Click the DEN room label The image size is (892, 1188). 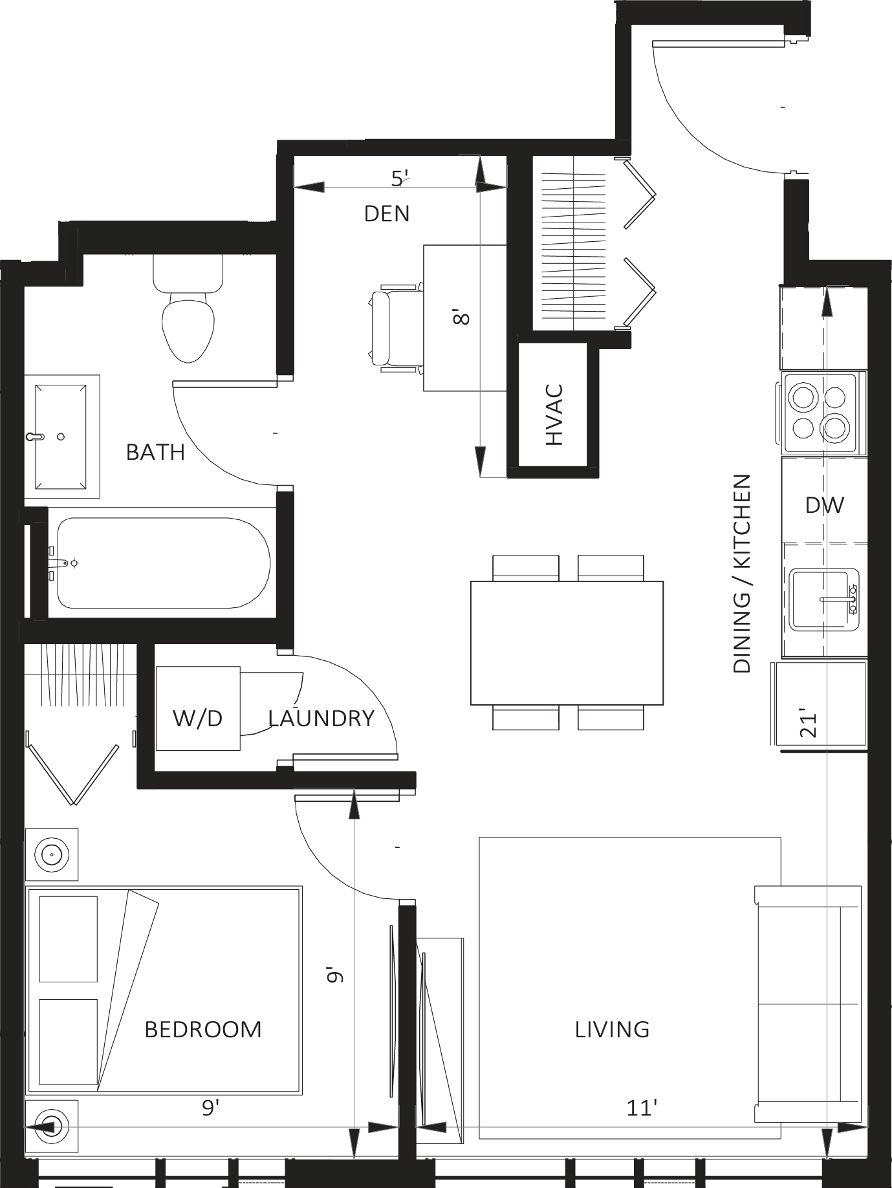(387, 213)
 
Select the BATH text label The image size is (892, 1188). (155, 452)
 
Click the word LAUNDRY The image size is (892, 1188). (321, 718)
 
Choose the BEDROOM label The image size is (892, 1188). (203, 1029)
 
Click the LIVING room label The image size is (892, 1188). (612, 1029)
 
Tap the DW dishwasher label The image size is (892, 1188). (825, 505)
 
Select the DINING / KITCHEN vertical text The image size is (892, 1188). (743, 574)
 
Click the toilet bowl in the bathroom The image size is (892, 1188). (188, 327)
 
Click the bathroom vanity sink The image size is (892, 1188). (61, 437)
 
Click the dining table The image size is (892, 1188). (567, 643)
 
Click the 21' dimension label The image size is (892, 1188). (809, 725)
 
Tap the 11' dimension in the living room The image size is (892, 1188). (642, 1108)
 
